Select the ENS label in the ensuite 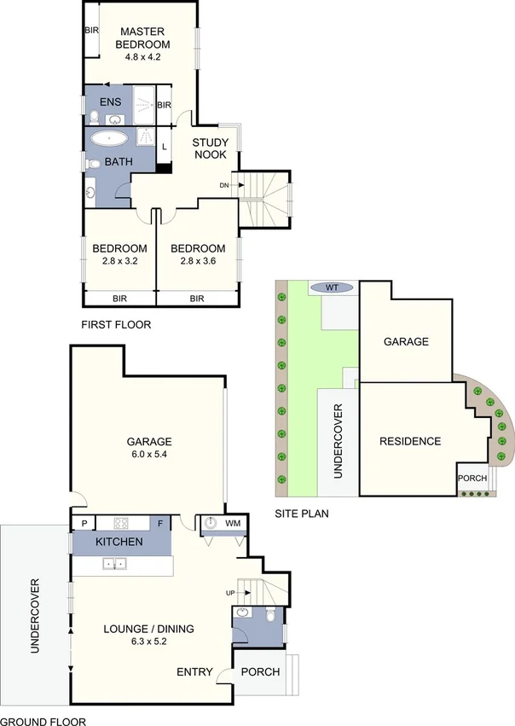tap(111, 102)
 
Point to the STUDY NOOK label tap(209, 148)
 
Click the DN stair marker tap(224, 185)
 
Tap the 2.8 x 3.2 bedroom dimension tap(119, 262)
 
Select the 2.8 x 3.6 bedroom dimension tap(198, 262)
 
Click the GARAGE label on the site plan tap(405, 341)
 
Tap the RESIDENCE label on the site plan tap(410, 441)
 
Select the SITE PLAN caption tap(302, 514)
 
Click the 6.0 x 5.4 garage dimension tap(149, 456)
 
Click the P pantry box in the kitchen tap(84, 523)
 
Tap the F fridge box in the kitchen tap(161, 523)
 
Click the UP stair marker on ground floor tap(230, 592)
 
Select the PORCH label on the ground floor tap(260, 671)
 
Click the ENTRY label tap(194, 672)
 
